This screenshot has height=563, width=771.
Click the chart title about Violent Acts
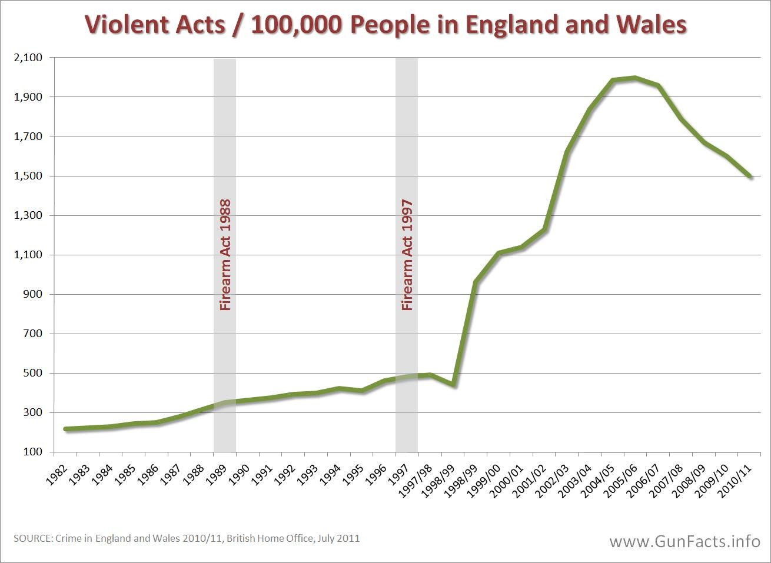385,25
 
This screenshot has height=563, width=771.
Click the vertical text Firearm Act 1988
225,255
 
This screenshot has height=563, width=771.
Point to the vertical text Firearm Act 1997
407,255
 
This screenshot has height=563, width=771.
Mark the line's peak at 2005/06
634,78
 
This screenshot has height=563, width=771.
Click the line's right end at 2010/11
750,176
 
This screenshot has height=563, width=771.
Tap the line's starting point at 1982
65,429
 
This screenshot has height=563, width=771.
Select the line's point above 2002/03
567,152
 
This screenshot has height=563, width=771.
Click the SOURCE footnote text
186,538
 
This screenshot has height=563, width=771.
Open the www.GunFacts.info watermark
684,541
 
